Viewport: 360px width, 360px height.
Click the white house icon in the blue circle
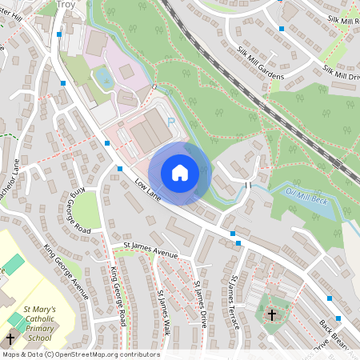tap(180, 172)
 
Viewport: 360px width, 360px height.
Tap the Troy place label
tap(70, 5)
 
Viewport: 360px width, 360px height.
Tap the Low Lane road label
tap(148, 189)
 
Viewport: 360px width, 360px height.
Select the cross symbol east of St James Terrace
tap(272, 314)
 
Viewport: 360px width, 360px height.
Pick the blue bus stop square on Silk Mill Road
tap(282, 29)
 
